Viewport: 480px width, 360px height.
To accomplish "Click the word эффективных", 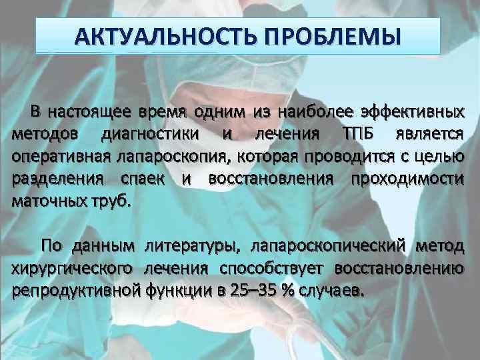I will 415,111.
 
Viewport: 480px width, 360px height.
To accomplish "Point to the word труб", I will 113,203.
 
